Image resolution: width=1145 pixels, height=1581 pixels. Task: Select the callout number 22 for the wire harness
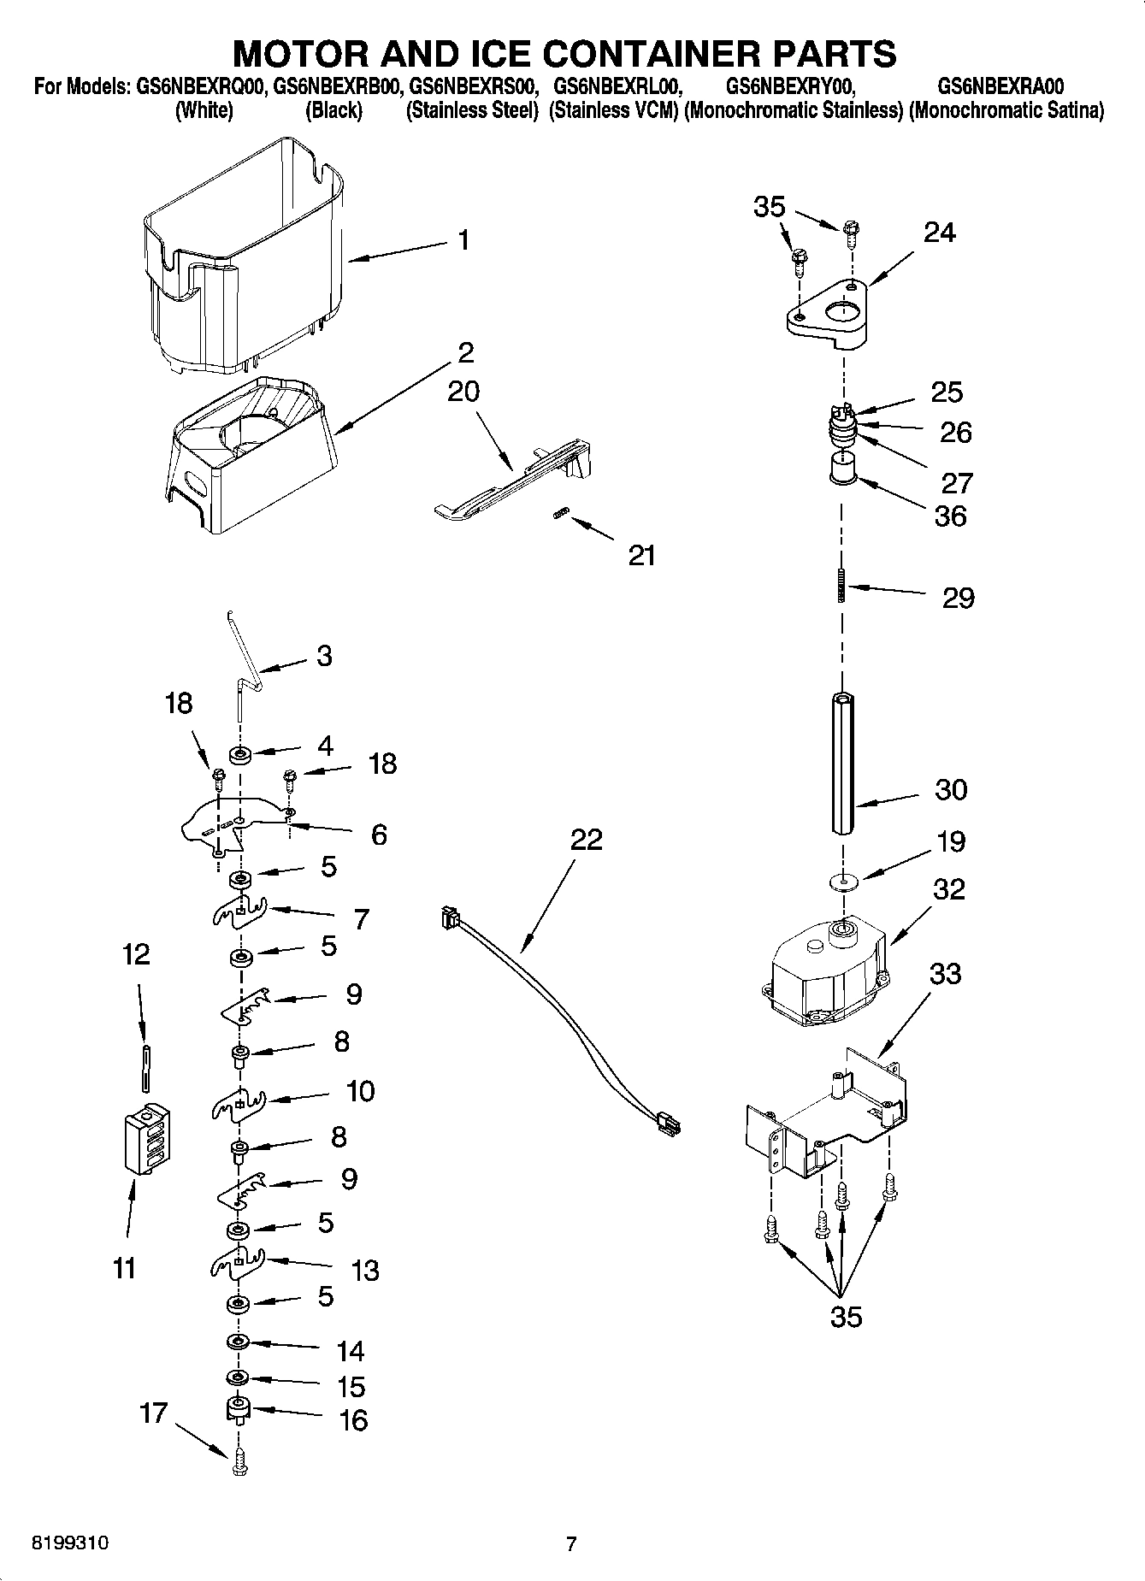587,840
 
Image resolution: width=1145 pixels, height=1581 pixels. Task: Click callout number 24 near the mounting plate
939,233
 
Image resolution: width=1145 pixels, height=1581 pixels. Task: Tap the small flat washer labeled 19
843,881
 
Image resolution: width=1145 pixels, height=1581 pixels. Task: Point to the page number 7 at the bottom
571,1544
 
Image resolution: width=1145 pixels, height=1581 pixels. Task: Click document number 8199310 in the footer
70,1544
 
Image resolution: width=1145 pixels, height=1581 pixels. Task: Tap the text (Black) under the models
333,110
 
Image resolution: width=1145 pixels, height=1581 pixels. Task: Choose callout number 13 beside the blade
365,1271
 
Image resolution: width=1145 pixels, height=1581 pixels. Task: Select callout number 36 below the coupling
950,516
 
